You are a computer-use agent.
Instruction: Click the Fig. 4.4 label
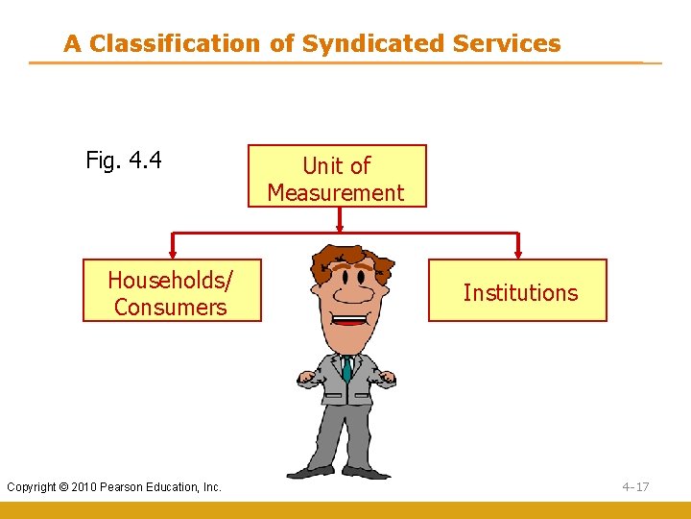(x=124, y=160)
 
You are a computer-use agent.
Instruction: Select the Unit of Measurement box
(x=336, y=177)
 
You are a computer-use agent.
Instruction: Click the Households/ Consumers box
(x=171, y=291)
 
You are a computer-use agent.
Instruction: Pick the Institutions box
(x=517, y=291)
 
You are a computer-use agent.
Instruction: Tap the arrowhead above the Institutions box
(x=518, y=254)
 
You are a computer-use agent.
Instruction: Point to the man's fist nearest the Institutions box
(x=387, y=379)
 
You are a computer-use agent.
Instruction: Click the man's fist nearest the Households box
(x=306, y=379)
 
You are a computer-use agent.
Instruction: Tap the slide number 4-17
(x=635, y=487)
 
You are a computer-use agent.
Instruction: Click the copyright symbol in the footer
(x=67, y=487)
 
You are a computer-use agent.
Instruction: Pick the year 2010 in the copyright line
(x=88, y=487)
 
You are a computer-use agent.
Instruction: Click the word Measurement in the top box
(x=336, y=193)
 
